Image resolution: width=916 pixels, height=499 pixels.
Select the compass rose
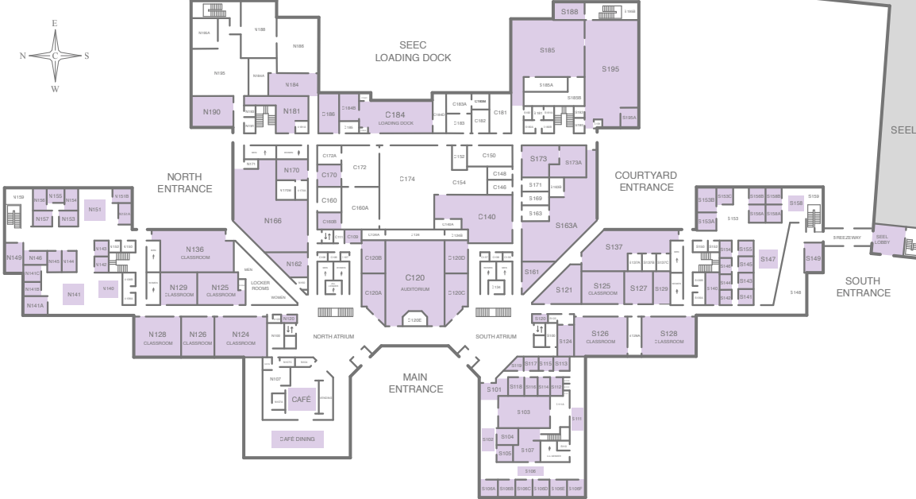point(55,56)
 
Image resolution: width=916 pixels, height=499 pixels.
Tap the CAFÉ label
point(302,400)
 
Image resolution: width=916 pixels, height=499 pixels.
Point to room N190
point(211,112)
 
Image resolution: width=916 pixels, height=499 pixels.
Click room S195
point(610,69)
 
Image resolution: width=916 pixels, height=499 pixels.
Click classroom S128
point(668,336)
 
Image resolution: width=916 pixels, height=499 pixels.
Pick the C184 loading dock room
point(395,118)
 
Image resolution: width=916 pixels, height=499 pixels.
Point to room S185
point(548,50)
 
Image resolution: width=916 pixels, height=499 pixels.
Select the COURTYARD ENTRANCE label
point(646,180)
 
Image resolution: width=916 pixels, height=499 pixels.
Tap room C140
point(487,217)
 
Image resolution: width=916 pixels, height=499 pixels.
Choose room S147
point(768,260)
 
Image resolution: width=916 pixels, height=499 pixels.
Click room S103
point(523,412)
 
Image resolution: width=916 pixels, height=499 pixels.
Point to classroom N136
point(195,251)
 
